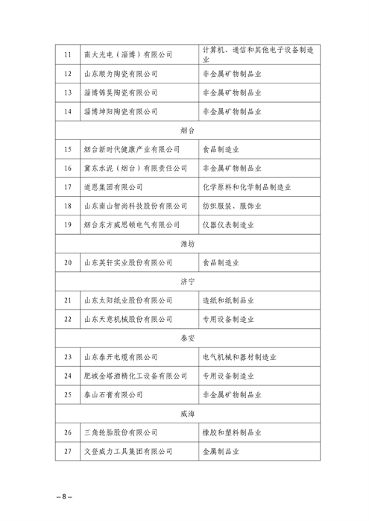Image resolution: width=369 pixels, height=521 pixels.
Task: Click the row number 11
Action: (x=68, y=54)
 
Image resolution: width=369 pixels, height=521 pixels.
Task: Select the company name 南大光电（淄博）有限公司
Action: (x=127, y=54)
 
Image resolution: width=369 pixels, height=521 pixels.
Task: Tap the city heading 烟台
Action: (x=188, y=130)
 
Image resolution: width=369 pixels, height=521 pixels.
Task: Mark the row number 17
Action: (x=68, y=187)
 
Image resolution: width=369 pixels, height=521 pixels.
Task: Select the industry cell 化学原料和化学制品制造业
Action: (x=247, y=187)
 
